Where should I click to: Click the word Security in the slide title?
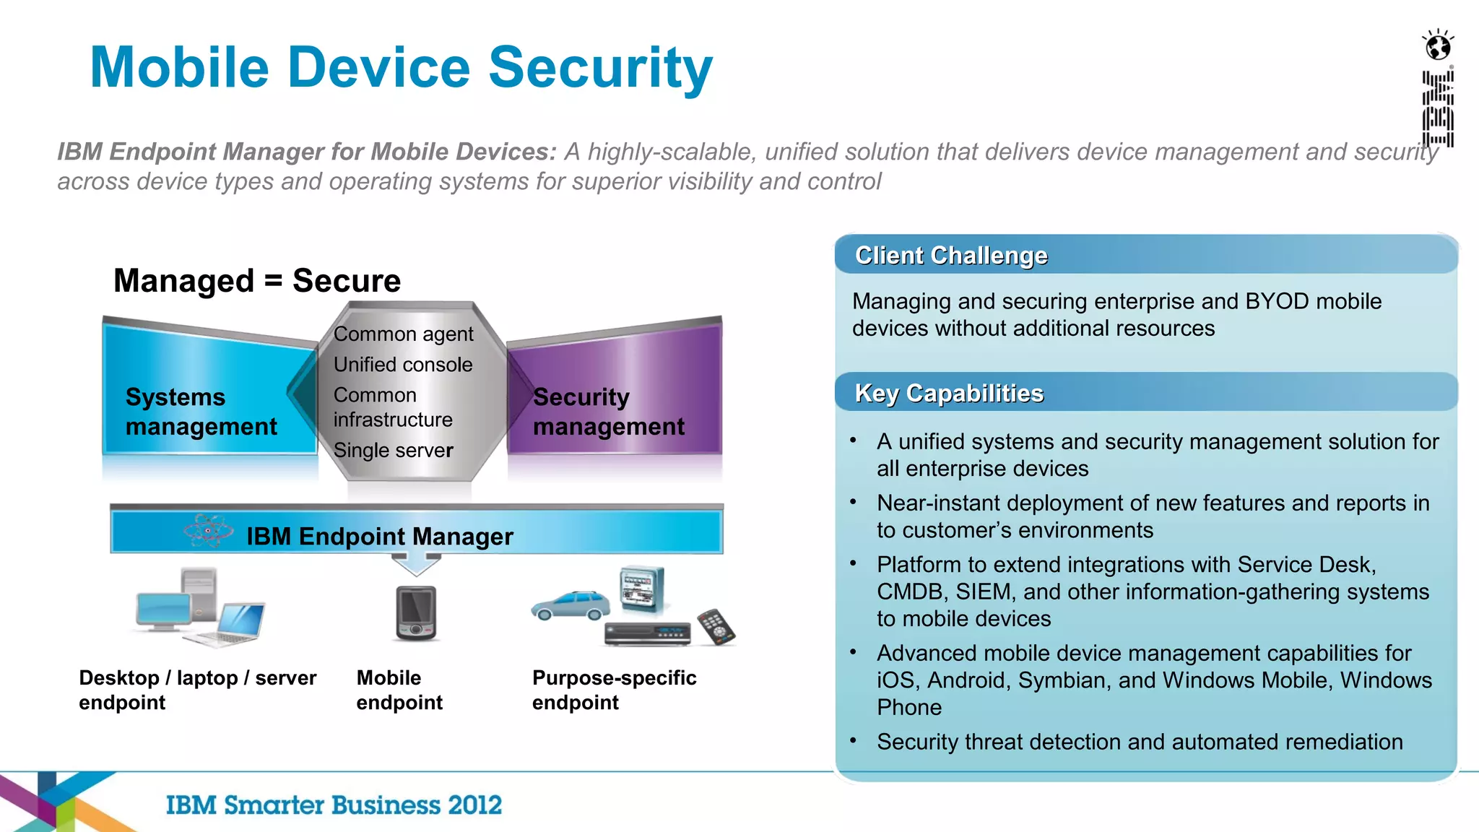[600, 68]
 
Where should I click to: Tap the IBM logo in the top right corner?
[1438, 108]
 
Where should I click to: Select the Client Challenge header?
[950, 256]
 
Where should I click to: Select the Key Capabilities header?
[948, 394]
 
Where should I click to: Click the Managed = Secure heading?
[256, 281]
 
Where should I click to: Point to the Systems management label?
[200, 412]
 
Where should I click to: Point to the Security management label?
[607, 412]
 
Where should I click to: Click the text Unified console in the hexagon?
[402, 365]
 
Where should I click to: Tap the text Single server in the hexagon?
[393, 451]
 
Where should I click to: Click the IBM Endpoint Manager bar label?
[379, 537]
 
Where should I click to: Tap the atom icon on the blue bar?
[208, 531]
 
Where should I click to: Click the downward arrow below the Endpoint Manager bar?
[415, 564]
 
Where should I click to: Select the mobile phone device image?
[416, 612]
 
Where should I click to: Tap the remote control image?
[716, 626]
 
